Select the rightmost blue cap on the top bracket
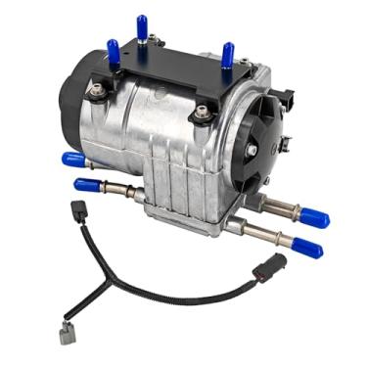coord(228,55)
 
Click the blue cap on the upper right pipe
coord(314,217)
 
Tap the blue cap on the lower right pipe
coord(307,248)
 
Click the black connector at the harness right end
coord(270,268)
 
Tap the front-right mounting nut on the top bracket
coord(204,113)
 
